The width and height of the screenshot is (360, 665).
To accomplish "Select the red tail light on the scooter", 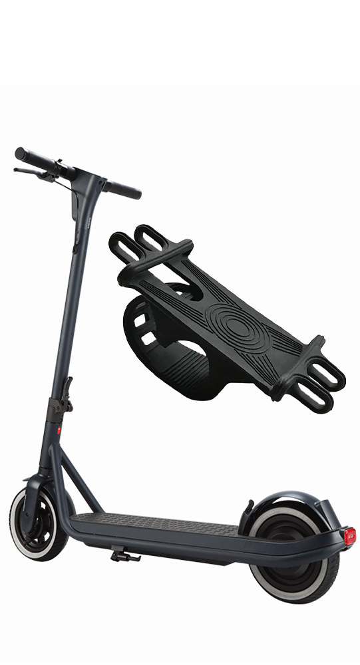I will coord(349,536).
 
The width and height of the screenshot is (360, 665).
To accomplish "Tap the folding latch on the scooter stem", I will coord(67,392).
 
